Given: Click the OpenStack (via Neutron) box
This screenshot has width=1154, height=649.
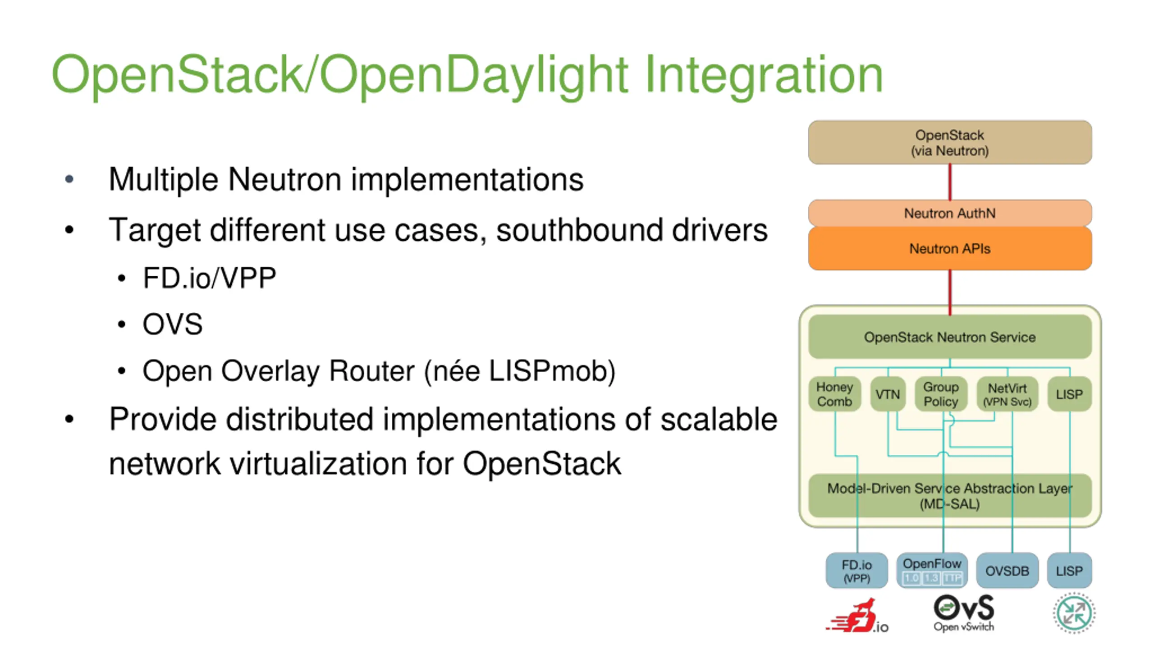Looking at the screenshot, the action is coord(949,142).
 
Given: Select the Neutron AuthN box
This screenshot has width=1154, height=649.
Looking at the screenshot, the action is coord(949,213).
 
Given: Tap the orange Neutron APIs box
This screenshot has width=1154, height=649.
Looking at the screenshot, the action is coord(949,248).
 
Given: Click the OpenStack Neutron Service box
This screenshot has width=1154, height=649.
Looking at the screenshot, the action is coord(949,337).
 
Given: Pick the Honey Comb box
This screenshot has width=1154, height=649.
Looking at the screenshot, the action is coord(834,394).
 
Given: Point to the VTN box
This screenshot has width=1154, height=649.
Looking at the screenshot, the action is coord(888,394).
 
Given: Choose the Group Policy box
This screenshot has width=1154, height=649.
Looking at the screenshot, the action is coord(941,394).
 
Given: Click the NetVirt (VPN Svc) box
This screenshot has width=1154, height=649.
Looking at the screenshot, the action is coord(1007,394).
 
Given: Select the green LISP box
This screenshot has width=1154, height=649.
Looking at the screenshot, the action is coord(1069,394).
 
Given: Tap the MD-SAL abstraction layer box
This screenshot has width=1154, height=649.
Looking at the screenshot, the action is coord(949,496).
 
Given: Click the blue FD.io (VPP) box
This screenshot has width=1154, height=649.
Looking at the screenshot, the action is coord(856,571).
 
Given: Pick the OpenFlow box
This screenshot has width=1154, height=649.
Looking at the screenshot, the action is coord(932,571).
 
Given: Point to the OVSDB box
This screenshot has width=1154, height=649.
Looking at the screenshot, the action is coord(1007,571).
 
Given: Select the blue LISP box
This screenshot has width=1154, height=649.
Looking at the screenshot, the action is coord(1069,571).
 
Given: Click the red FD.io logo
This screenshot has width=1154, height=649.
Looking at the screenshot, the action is coord(856,617).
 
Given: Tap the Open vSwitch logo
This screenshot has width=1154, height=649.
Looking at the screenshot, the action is coord(964,613).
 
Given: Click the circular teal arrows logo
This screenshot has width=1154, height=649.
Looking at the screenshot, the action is coord(1074,613).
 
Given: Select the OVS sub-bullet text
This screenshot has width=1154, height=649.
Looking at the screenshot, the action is coord(173,324).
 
